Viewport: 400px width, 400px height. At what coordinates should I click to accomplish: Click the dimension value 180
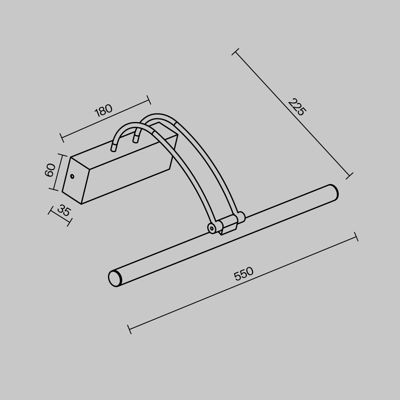103,111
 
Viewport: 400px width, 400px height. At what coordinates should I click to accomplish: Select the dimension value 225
297,107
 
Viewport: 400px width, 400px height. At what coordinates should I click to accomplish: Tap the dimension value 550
244,274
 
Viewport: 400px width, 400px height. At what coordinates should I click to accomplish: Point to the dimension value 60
50,170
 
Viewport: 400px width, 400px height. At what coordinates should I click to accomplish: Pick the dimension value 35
64,210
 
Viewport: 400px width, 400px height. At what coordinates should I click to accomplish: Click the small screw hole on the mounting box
72,176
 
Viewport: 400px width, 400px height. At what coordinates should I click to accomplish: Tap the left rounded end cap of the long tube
115,278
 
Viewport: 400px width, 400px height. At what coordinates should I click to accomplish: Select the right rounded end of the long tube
333,192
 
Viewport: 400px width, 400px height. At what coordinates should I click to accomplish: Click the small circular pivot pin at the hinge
212,228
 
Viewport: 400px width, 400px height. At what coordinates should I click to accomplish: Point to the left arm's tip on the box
114,148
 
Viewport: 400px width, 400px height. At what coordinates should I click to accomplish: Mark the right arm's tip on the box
136,139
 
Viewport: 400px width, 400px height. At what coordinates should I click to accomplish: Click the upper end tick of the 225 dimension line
236,52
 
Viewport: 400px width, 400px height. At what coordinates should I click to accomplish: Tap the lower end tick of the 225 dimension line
349,176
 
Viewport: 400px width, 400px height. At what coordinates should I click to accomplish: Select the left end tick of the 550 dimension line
129,329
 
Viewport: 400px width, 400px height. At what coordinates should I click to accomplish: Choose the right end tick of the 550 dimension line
356,237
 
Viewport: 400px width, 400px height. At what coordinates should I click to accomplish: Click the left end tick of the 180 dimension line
62,138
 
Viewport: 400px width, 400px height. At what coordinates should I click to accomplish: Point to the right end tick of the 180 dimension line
148,100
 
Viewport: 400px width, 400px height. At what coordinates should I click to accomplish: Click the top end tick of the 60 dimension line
62,154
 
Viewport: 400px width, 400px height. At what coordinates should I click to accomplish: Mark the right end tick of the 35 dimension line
69,222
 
